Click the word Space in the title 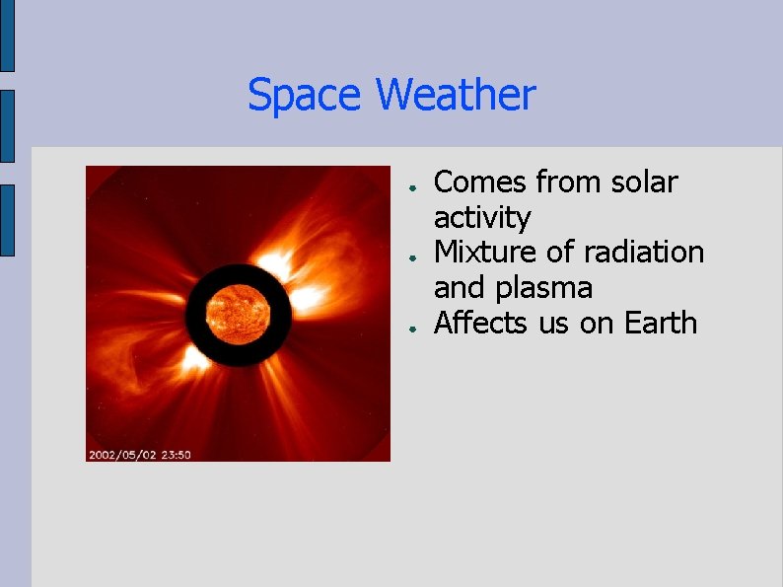click(x=306, y=96)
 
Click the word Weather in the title click(x=456, y=96)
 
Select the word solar click(x=644, y=183)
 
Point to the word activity click(x=482, y=218)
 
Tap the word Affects click(x=481, y=323)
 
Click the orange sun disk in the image click(x=238, y=315)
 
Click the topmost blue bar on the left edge click(x=7, y=36)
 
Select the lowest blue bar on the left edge click(x=7, y=220)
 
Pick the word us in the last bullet click(x=554, y=323)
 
